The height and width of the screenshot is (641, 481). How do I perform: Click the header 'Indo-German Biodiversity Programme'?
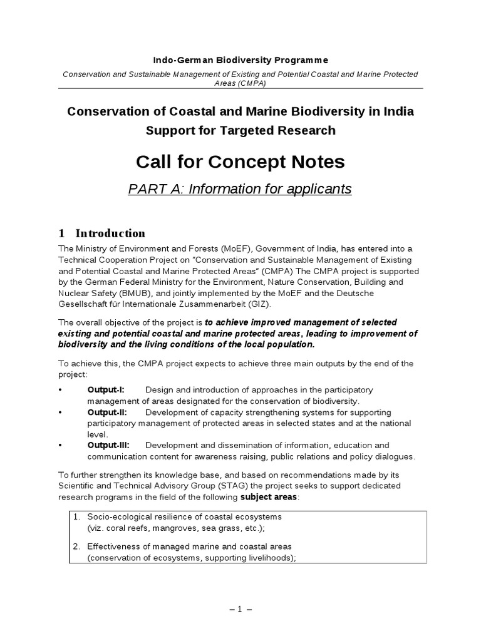pyautogui.click(x=240, y=60)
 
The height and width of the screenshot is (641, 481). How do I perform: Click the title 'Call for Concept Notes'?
pyautogui.click(x=240, y=162)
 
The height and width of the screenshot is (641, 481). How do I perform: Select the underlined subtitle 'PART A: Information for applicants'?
pyautogui.click(x=240, y=188)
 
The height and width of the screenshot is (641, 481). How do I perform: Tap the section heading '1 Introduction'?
pyautogui.click(x=102, y=233)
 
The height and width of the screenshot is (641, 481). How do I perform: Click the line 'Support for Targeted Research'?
pyautogui.click(x=240, y=130)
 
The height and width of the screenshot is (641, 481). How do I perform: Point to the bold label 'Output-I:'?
pyautogui.click(x=106, y=389)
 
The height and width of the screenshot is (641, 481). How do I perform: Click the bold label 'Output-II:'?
pyautogui.click(x=107, y=412)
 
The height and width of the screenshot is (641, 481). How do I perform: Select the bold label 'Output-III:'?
pyautogui.click(x=108, y=445)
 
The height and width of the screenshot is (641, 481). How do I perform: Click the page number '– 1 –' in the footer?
pyautogui.click(x=240, y=608)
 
